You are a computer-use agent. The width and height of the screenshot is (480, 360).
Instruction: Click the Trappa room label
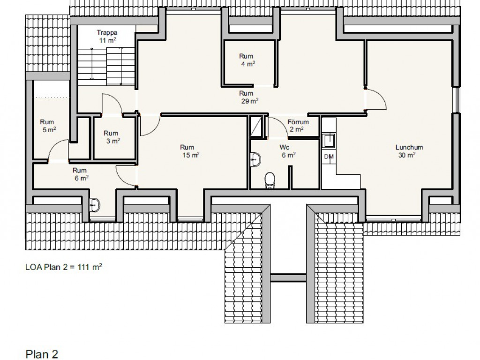tap(107, 32)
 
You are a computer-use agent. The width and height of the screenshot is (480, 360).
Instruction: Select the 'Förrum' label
tap(298, 122)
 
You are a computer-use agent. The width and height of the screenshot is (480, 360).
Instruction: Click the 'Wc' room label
tap(285, 148)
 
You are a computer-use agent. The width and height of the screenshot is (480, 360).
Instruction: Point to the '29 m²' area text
tap(250, 101)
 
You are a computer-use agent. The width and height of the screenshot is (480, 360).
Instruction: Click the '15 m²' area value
tap(191, 155)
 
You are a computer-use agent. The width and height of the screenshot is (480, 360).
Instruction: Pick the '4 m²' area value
tap(248, 64)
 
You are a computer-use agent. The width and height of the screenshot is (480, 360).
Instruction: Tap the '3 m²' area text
tap(113, 141)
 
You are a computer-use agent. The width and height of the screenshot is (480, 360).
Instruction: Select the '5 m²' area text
tap(49, 130)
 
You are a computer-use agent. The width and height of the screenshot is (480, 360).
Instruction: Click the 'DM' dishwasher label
tap(329, 157)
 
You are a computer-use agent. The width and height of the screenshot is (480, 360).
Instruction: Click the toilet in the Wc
tap(270, 180)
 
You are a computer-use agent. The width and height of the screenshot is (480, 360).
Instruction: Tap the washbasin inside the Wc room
tap(255, 159)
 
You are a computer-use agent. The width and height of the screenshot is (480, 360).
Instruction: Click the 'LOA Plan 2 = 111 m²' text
tap(64, 267)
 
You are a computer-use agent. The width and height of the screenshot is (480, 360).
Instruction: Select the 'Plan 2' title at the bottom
tap(42, 354)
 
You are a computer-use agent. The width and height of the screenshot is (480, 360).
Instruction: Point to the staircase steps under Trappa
tap(107, 66)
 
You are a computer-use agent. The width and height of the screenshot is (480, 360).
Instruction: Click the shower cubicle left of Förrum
tap(256, 127)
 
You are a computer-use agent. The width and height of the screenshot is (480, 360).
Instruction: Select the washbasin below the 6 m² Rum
tap(95, 205)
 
